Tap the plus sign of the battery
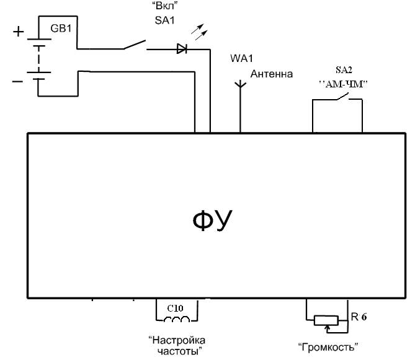[x=19, y=32]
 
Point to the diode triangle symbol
[x=182, y=48]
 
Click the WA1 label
[x=242, y=60]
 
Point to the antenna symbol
[x=240, y=87]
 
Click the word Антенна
[x=271, y=74]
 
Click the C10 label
[x=176, y=307]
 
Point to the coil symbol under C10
[x=176, y=320]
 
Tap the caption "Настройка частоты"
[x=177, y=346]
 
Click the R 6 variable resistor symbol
[x=324, y=320]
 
